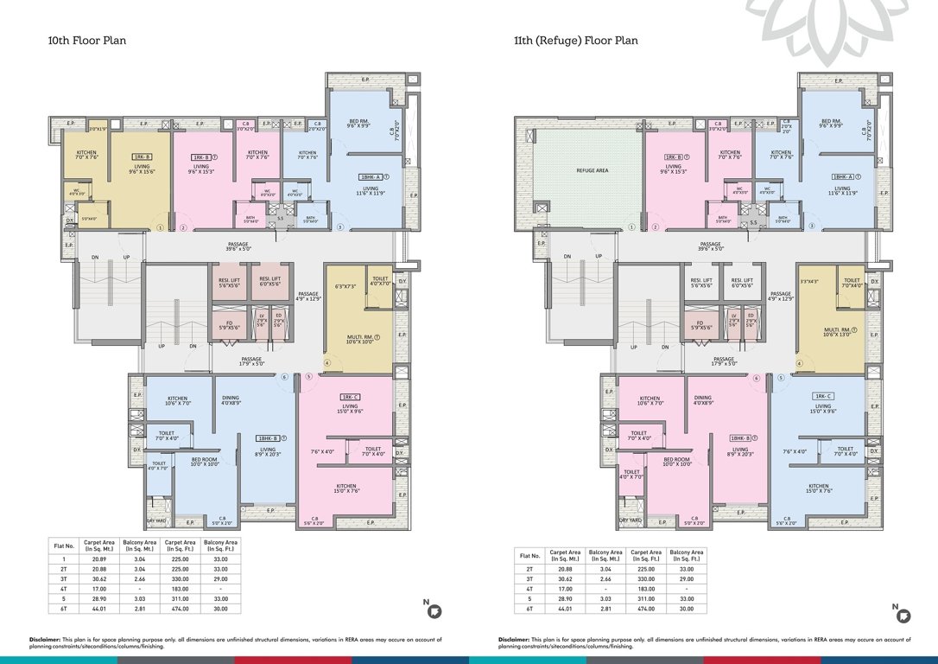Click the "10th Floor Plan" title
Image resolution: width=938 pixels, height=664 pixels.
(87, 41)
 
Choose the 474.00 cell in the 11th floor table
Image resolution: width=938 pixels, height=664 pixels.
(643, 609)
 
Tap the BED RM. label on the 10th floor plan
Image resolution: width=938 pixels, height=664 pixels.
(359, 121)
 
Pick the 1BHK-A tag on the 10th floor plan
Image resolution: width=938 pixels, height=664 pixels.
(371, 176)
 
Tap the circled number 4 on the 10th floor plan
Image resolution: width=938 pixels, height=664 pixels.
(326, 363)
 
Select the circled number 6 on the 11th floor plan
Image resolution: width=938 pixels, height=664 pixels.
(757, 377)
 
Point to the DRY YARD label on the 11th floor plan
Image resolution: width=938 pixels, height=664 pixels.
(630, 520)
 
